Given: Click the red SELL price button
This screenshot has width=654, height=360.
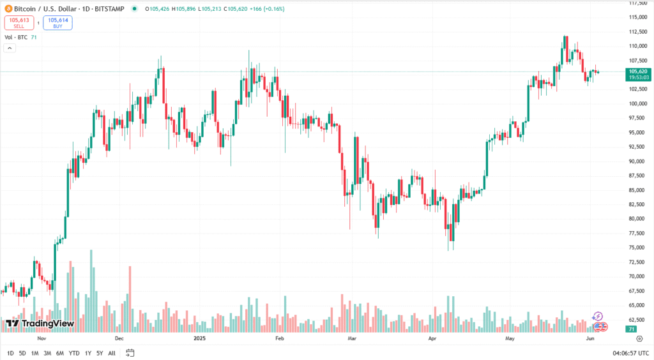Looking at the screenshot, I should pos(19,23).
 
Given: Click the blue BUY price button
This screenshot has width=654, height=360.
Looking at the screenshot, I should pos(58,23).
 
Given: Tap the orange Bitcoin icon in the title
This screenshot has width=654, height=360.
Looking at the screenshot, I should pos(8,9).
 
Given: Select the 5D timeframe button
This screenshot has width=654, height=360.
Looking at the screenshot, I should pos(22,353).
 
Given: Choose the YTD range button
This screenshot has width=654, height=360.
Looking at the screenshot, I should pos(74,353).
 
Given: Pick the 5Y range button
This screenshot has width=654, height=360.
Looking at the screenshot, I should pos(100,353).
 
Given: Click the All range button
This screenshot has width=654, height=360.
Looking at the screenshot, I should pos(112,353).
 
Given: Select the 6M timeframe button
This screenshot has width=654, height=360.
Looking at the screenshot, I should pos(60,353).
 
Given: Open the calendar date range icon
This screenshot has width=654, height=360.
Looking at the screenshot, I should pos(130,353).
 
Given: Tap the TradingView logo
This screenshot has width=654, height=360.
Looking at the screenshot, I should pos(40,324).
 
